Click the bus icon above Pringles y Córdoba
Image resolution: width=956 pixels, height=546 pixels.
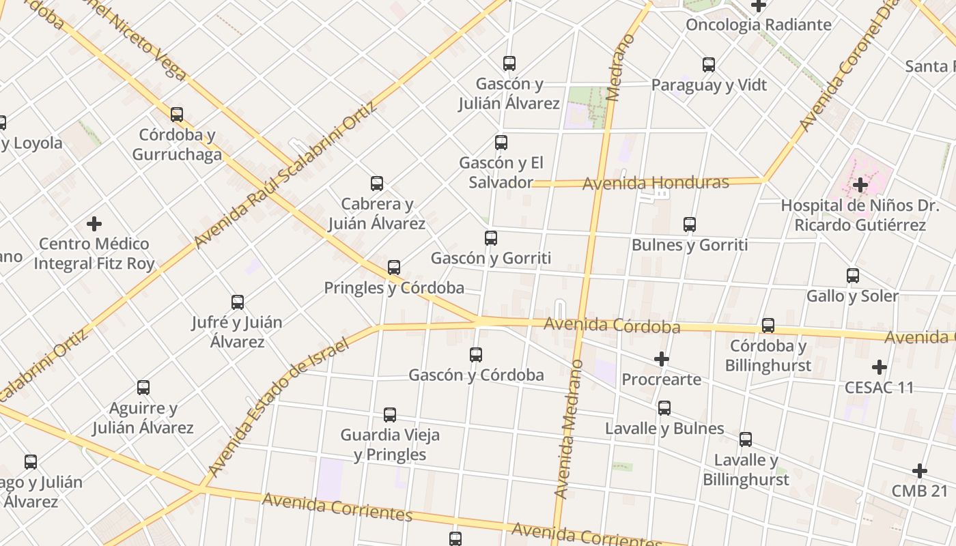(394, 268)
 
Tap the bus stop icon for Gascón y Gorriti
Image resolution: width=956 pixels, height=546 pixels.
(491, 238)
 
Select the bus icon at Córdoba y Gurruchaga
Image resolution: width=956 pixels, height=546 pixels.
(177, 115)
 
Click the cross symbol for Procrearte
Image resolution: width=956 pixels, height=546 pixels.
(661, 359)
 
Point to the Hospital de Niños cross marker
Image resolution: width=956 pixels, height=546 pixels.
(860, 185)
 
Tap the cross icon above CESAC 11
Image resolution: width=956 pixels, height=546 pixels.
(880, 367)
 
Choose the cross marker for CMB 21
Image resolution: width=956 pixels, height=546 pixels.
(920, 471)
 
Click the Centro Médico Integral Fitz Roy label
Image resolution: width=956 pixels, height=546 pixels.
(94, 254)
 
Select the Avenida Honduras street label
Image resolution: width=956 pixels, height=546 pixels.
(656, 183)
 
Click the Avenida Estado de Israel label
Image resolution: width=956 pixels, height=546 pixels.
(279, 407)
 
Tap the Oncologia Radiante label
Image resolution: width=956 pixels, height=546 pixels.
(759, 25)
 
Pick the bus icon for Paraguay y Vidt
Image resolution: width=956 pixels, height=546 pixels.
(709, 66)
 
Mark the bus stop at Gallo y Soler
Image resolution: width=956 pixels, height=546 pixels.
(853, 276)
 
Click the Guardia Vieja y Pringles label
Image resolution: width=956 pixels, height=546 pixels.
(390, 444)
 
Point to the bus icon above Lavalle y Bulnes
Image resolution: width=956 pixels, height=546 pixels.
(664, 409)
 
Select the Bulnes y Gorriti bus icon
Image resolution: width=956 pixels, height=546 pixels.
(690, 225)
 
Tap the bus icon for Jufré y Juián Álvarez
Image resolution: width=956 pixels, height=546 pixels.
(238, 302)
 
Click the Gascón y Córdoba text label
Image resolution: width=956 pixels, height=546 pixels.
(476, 375)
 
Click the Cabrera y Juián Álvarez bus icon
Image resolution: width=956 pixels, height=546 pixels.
(377, 184)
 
